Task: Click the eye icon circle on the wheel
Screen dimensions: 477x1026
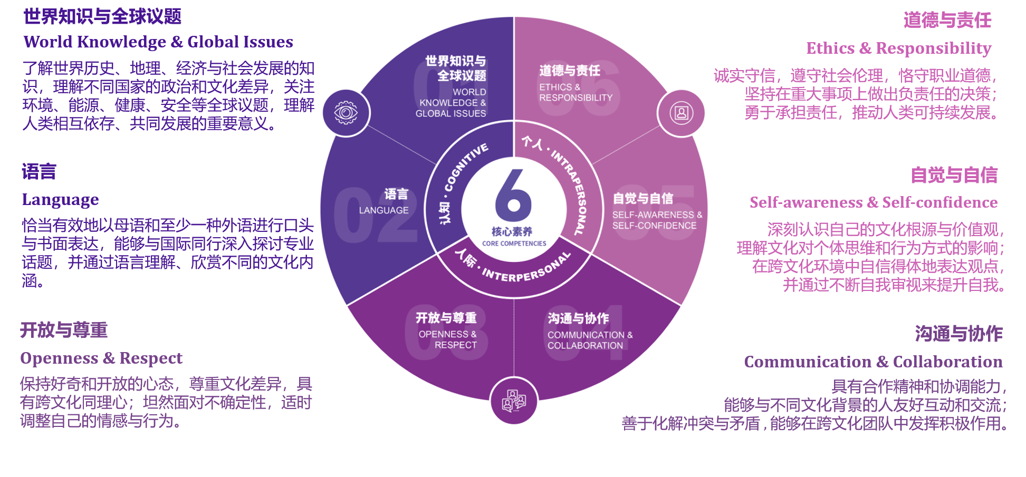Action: pyautogui.click(x=346, y=113)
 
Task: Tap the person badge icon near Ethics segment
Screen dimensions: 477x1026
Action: pyautogui.click(x=681, y=113)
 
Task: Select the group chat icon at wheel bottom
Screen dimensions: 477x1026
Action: pyautogui.click(x=514, y=401)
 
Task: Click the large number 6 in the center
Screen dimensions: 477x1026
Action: pyautogui.click(x=513, y=196)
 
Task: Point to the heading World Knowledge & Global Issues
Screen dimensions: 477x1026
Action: pyautogui.click(x=158, y=42)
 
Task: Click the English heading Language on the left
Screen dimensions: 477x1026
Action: pyautogui.click(x=60, y=200)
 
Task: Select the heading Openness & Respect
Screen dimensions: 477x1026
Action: pyautogui.click(x=101, y=358)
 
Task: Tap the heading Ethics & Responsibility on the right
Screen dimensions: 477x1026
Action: pyautogui.click(x=898, y=48)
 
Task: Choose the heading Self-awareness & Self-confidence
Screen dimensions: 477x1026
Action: pyautogui.click(x=873, y=202)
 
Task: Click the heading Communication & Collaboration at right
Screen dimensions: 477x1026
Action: pyautogui.click(x=872, y=362)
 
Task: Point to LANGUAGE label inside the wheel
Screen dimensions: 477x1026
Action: pyautogui.click(x=383, y=210)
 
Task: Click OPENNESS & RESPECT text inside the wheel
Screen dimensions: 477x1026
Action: pyautogui.click(x=448, y=339)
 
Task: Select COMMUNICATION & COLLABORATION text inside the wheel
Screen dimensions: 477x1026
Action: pyautogui.click(x=589, y=340)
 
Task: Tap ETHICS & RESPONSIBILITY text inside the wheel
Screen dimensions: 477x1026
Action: pyautogui.click(x=575, y=92)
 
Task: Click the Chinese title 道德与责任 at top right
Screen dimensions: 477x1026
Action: pyautogui.click(x=947, y=20)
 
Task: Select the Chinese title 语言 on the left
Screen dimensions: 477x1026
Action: pyautogui.click(x=39, y=172)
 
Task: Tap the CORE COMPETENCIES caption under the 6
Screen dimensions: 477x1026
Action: pyautogui.click(x=514, y=244)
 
